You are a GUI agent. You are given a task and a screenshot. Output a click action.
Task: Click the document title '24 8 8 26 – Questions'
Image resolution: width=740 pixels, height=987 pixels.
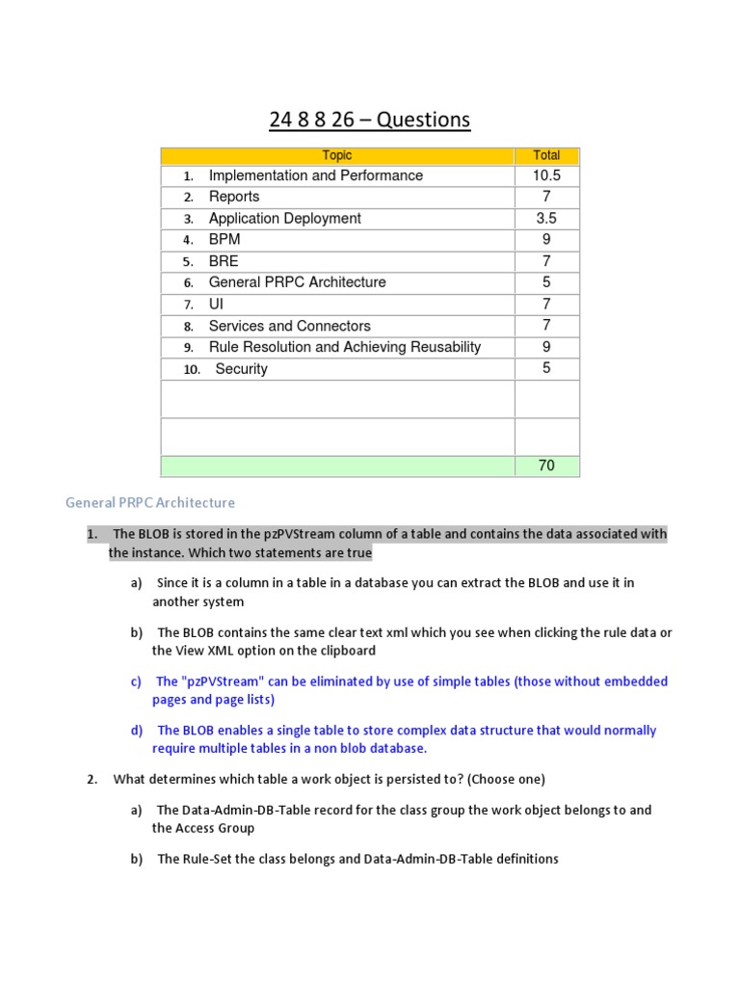[370, 120]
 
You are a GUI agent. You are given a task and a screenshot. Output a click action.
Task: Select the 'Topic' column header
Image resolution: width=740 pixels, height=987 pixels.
[337, 155]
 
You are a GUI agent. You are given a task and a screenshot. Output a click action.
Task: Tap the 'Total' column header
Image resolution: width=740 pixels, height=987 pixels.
[546, 155]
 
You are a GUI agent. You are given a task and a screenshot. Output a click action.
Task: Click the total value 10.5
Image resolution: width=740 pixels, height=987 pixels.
[546, 175]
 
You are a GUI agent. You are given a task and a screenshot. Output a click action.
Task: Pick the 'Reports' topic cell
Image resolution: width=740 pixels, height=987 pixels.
[234, 197]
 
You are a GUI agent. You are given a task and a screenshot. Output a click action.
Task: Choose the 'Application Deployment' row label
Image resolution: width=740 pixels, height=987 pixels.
[284, 218]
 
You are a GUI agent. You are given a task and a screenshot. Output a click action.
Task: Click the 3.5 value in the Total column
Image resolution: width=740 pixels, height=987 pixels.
[546, 218]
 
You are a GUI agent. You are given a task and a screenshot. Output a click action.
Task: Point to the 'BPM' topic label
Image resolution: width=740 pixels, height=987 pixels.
[225, 239]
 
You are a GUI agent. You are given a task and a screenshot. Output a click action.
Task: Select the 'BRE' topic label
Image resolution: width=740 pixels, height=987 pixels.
[224, 261]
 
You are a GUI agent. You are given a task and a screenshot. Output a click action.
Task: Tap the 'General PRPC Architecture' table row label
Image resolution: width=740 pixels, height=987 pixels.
[297, 282]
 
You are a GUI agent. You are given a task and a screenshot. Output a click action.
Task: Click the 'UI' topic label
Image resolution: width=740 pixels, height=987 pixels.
[216, 304]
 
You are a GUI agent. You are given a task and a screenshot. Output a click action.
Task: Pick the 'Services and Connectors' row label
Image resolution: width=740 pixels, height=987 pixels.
[289, 326]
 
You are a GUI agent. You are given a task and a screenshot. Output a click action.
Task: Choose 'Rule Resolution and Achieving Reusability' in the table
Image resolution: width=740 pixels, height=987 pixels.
[344, 347]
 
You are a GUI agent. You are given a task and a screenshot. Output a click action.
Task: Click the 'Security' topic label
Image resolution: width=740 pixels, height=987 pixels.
[242, 369]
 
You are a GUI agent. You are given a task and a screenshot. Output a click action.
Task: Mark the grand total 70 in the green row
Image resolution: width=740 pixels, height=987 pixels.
[546, 466]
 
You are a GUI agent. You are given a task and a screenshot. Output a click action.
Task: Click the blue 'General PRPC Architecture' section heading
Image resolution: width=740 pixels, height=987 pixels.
[149, 502]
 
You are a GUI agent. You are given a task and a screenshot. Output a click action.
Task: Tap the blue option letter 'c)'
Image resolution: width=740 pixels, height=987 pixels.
[136, 681]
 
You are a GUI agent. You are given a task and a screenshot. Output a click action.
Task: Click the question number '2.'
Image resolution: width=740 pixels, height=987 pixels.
[92, 779]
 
